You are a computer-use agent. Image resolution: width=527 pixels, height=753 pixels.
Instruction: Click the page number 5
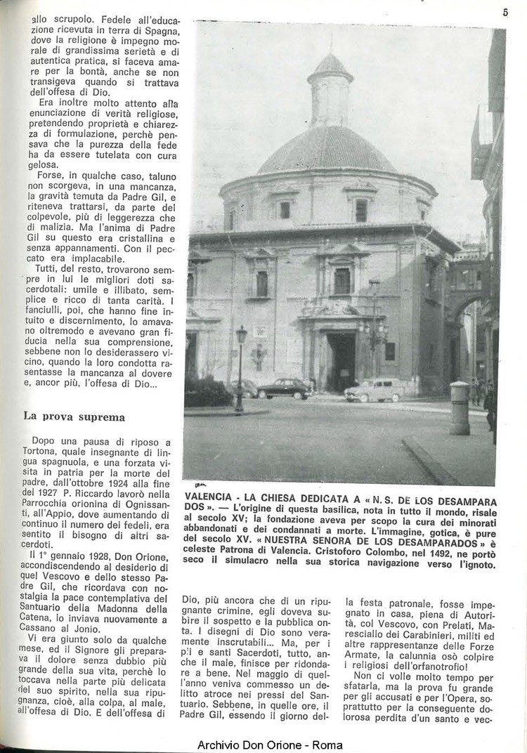(x=505, y=12)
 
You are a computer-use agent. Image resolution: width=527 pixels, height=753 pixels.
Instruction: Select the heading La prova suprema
(x=74, y=416)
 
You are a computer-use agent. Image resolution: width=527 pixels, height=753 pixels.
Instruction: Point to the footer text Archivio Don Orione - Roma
(x=270, y=745)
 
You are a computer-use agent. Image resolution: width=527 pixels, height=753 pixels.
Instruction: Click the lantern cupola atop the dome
(x=330, y=89)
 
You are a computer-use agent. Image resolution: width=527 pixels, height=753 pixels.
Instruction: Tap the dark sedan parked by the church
(x=284, y=388)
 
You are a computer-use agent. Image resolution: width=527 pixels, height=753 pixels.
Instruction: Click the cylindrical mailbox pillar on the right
(x=460, y=407)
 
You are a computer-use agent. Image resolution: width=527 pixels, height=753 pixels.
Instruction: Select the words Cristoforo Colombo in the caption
(x=340, y=552)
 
